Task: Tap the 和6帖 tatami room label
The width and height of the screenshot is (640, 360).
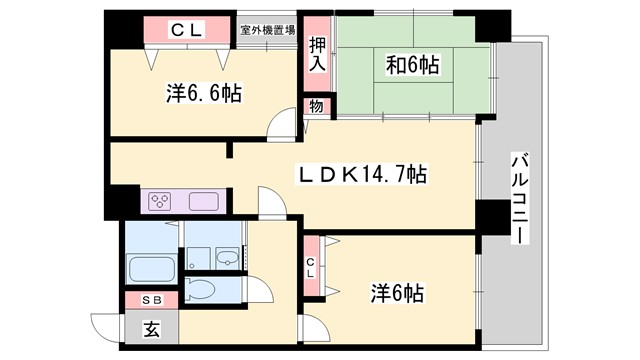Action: (x=411, y=66)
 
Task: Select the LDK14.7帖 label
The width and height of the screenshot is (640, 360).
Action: (x=361, y=175)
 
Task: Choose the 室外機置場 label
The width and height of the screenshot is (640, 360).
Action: (x=267, y=30)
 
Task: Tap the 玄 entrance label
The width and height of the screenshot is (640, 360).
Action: (x=151, y=327)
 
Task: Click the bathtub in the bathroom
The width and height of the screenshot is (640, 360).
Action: (x=152, y=268)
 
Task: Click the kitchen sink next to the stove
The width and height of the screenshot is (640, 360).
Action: (x=203, y=200)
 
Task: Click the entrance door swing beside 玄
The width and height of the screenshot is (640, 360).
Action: (x=105, y=328)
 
